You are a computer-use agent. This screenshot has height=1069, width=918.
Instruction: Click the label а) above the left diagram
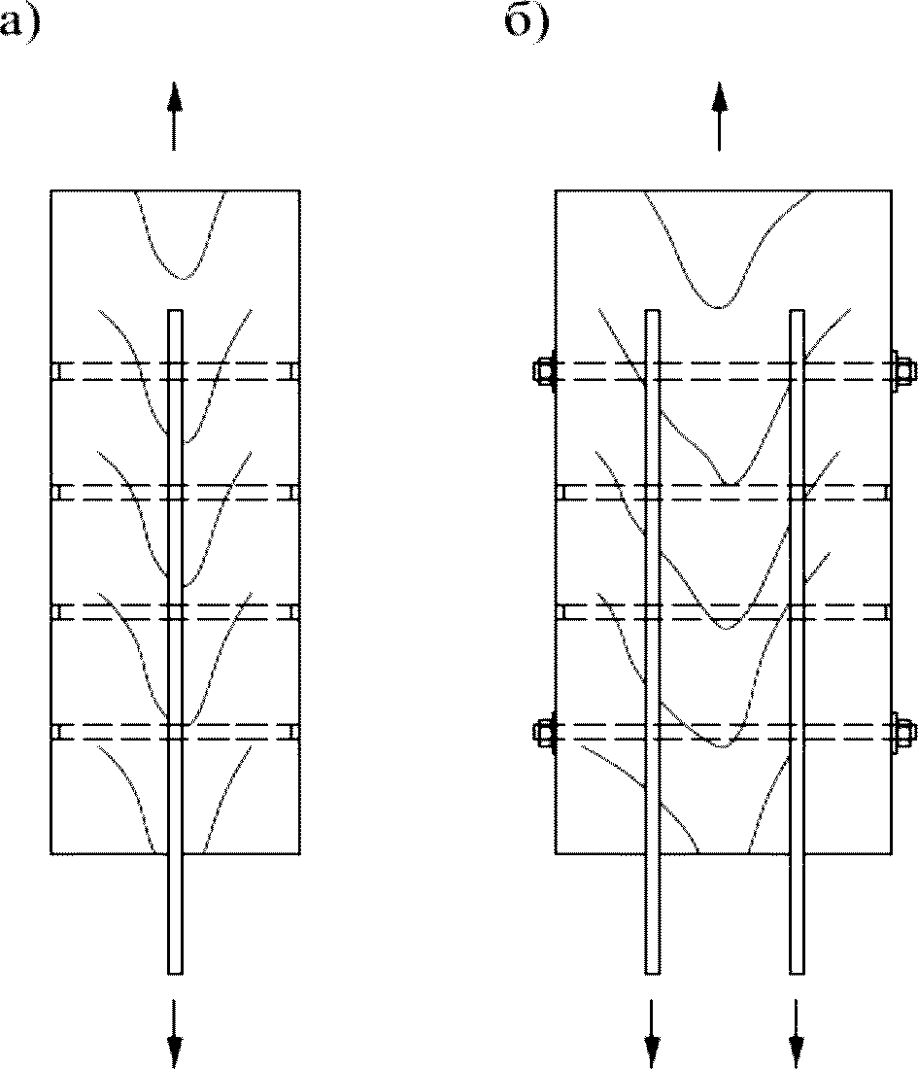tap(19, 19)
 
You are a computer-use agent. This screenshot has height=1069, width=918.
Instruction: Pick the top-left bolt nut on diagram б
tap(543, 371)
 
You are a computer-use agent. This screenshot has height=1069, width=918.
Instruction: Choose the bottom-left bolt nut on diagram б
tap(543, 732)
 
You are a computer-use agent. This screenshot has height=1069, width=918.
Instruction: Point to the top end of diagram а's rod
tap(175, 313)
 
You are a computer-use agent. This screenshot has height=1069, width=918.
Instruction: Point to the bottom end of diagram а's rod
tap(175, 969)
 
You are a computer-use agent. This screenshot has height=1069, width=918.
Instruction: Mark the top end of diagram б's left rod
tap(653, 313)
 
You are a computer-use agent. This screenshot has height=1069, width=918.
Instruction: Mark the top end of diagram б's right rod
tap(797, 313)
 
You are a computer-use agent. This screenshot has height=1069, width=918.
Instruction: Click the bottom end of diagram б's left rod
tap(653, 969)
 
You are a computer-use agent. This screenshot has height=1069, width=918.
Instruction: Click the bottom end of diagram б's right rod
tap(797, 969)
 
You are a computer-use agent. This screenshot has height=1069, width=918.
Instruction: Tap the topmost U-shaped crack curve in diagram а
tap(182, 277)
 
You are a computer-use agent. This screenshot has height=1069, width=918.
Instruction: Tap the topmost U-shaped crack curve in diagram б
tap(718, 306)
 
